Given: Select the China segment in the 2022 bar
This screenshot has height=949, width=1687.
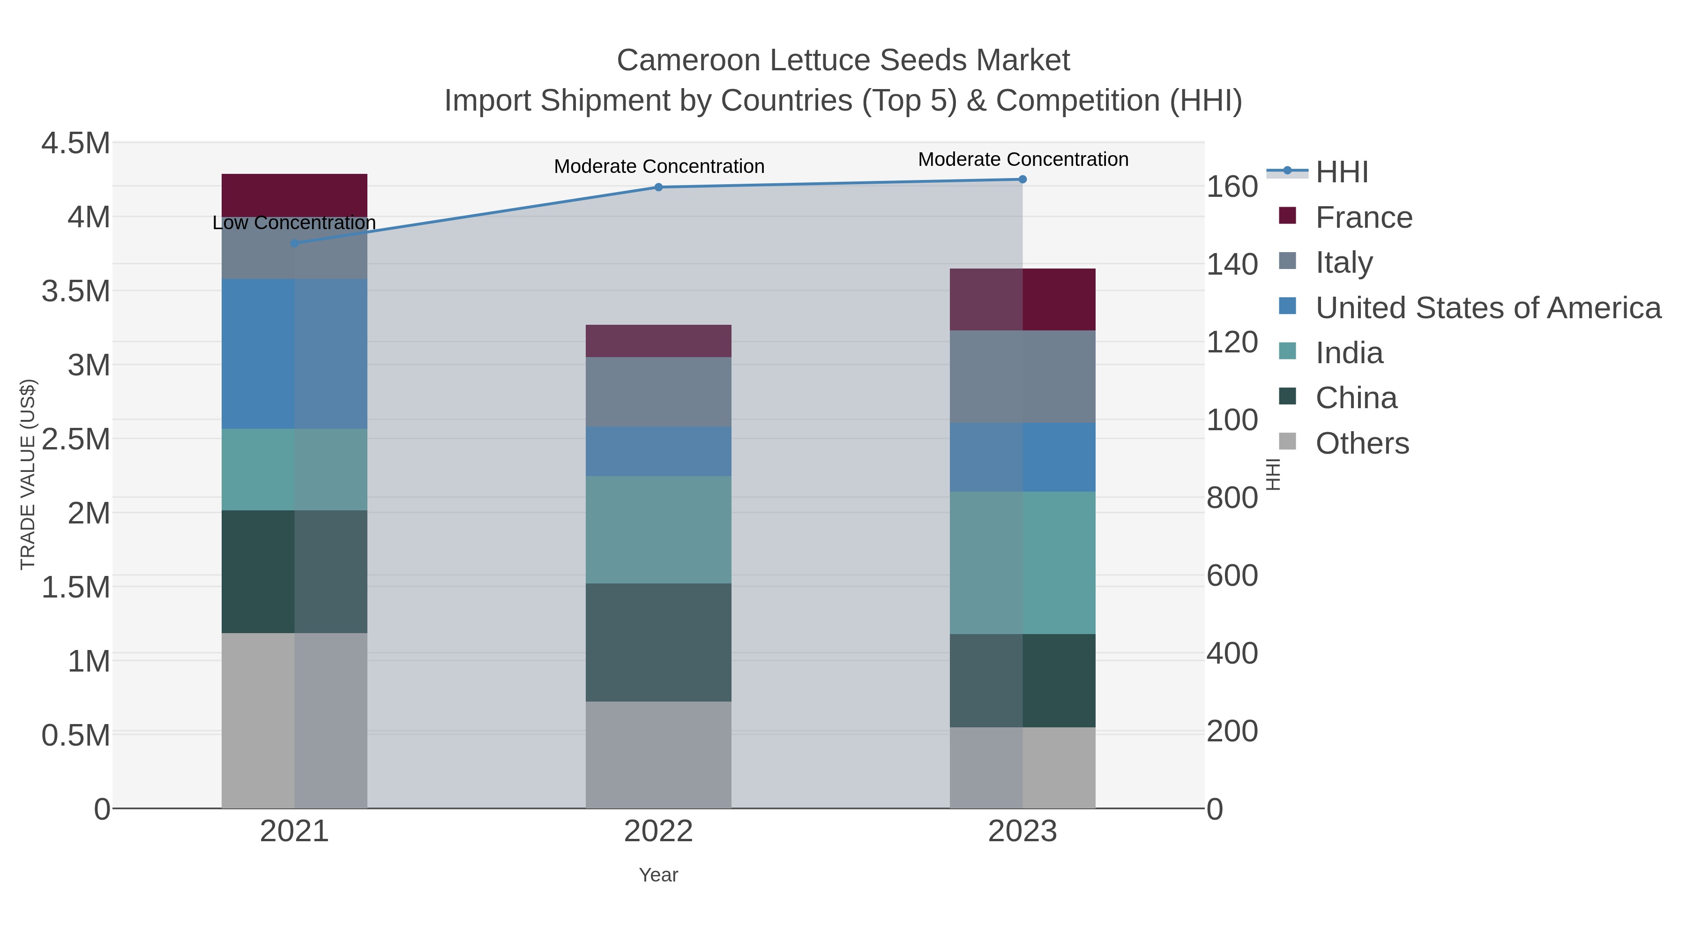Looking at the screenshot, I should (658, 642).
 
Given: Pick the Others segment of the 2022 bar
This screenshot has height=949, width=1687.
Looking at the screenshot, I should (658, 755).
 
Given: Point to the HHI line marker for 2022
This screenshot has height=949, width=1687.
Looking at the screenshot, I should (658, 187).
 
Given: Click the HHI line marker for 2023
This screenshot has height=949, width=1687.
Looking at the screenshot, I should (1023, 179).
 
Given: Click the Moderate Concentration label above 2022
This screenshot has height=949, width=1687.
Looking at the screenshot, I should (659, 166).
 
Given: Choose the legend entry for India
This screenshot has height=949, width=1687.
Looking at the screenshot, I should (1349, 353).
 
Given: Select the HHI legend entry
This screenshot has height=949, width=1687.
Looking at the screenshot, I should (1341, 172).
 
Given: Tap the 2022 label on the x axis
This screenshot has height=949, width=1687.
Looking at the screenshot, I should (658, 832).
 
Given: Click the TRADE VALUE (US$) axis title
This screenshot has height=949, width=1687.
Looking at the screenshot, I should (28, 474).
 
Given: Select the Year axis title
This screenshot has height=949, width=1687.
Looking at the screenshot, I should (658, 875).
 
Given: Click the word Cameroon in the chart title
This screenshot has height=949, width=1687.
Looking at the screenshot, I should (687, 60).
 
